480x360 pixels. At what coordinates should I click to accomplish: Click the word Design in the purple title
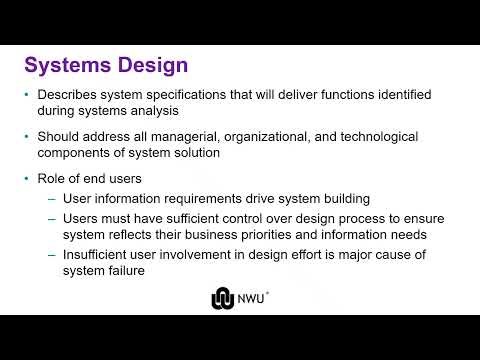[x=150, y=66]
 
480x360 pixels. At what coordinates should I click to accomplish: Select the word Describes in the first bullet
[x=71, y=95]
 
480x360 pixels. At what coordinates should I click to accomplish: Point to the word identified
[x=397, y=95]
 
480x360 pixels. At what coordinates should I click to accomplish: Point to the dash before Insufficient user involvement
[x=52, y=255]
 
